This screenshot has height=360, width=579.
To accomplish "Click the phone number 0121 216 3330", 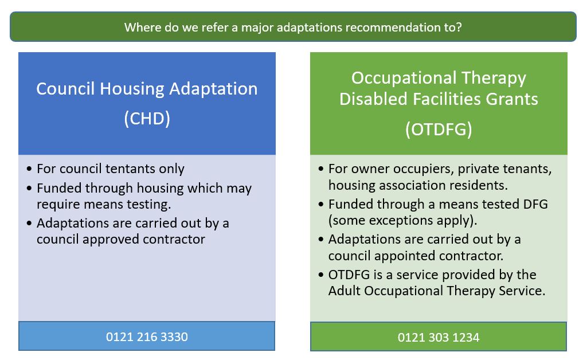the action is [x=147, y=336].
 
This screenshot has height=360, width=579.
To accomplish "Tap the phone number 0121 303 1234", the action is [x=439, y=338].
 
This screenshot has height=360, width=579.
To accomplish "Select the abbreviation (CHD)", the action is [x=147, y=119].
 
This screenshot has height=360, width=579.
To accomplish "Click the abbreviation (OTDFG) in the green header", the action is [x=439, y=130].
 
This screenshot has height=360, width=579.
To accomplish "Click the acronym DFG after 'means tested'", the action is [x=535, y=204].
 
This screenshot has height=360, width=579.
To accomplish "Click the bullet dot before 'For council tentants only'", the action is [x=29, y=169].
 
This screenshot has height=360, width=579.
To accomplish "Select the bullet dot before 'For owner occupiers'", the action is [x=321, y=169].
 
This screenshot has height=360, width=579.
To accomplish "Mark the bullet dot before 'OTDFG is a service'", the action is [x=321, y=275].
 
